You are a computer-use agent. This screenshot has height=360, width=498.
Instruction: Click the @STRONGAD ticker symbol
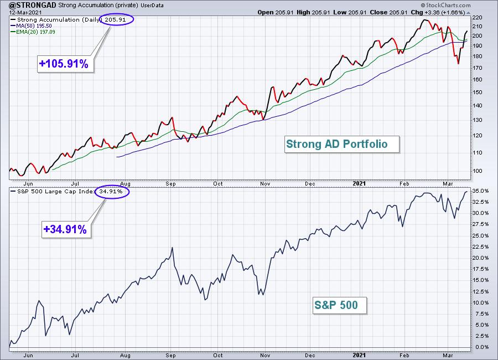33,5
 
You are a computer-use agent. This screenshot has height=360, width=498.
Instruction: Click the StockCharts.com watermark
445,5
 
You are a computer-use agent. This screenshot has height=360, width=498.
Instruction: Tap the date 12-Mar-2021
25,12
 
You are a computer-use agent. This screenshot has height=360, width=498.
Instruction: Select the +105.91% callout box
65,64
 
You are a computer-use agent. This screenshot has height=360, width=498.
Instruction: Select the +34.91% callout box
66,229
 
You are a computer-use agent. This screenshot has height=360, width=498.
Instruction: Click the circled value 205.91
116,19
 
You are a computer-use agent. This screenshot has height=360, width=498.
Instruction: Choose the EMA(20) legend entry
33,32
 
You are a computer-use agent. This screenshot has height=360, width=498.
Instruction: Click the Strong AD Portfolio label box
342,145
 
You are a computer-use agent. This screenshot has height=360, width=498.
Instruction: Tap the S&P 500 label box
340,305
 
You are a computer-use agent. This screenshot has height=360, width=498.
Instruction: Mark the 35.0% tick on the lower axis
480,191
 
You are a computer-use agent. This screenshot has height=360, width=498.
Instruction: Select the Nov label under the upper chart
265,184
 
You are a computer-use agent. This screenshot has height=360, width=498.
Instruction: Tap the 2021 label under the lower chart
359,356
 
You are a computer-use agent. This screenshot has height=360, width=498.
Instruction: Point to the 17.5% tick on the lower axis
480,269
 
